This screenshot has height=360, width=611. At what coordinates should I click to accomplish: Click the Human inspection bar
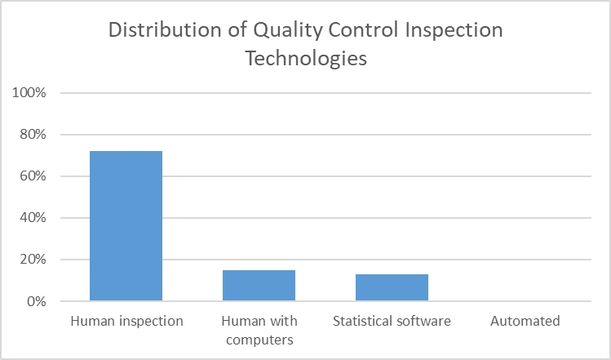(x=126, y=226)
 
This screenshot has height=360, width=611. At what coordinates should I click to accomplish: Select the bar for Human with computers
(x=259, y=286)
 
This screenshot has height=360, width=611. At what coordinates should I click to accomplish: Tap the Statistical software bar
(x=392, y=287)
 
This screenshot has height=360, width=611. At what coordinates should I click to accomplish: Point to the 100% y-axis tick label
(x=29, y=93)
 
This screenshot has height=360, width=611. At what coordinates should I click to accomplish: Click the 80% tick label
(x=33, y=135)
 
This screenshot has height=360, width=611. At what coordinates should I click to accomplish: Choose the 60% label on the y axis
(x=33, y=176)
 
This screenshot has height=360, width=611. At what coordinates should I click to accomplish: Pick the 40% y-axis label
(x=33, y=218)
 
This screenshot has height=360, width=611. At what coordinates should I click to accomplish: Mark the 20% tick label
(x=33, y=260)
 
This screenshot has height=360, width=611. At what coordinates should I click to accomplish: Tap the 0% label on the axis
(x=37, y=301)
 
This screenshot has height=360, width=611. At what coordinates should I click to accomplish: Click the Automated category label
(x=525, y=321)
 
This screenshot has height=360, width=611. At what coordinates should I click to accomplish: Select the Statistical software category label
(x=392, y=321)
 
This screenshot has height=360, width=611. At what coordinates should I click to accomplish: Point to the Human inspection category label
(x=126, y=322)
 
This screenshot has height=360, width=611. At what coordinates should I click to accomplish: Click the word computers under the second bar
(x=259, y=340)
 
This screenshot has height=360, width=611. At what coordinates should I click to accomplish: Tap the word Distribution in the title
(x=165, y=30)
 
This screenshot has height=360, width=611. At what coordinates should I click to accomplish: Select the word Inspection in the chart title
(x=454, y=31)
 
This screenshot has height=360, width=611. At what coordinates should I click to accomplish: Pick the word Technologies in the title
(x=306, y=59)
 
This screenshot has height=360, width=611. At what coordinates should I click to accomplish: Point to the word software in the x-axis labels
(x=423, y=321)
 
